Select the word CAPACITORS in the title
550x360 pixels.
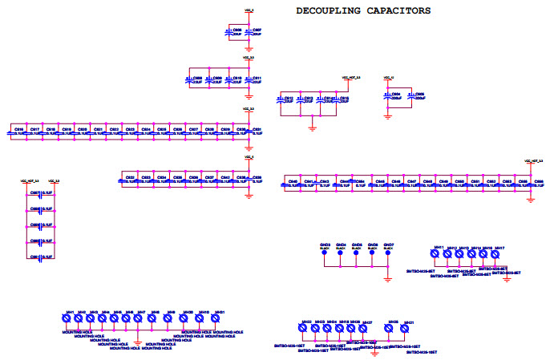pyautogui.click(x=398, y=10)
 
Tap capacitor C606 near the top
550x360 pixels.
pyautogui.click(x=230, y=32)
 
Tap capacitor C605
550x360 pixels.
pyautogui.click(x=411, y=96)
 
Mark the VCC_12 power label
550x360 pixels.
pyautogui.click(x=390, y=77)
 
